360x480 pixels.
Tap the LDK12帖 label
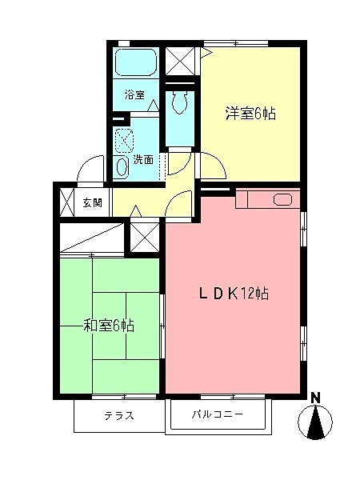(234, 293)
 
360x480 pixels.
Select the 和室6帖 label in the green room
(109, 326)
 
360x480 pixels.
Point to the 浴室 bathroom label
(134, 94)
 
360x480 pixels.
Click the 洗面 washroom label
(143, 158)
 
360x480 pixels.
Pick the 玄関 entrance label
(92, 202)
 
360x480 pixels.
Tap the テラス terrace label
(118, 416)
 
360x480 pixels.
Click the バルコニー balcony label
(217, 415)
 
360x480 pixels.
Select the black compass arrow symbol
(318, 422)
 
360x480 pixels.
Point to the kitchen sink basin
(283, 199)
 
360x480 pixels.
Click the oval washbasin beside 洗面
(122, 166)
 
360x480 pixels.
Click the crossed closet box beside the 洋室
(179, 59)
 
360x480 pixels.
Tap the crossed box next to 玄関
(66, 202)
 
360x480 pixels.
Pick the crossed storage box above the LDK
(145, 237)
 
